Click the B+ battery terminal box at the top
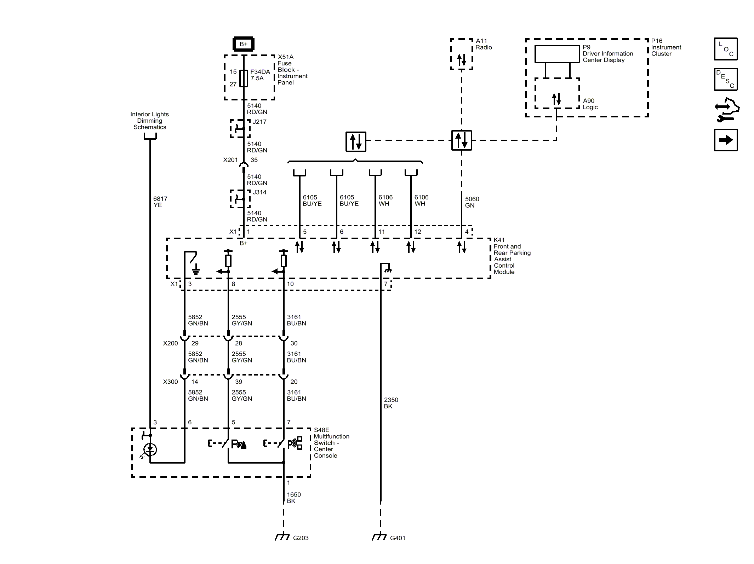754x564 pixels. (x=243, y=44)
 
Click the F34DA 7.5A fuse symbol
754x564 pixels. (x=244, y=78)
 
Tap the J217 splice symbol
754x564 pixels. (x=240, y=128)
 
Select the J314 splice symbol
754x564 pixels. (x=240, y=199)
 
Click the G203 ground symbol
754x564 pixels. (x=282, y=537)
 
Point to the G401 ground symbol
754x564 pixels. (x=379, y=537)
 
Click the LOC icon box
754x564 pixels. (x=726, y=49)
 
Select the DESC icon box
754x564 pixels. (x=726, y=79)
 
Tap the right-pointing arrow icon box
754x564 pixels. (x=726, y=140)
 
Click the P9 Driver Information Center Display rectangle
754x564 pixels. (x=557, y=54)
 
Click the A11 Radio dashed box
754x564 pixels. (x=461, y=54)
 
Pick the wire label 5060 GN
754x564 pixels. (x=472, y=202)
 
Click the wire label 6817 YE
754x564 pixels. (x=160, y=202)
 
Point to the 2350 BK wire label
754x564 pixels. (x=391, y=403)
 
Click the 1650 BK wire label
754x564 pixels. (x=293, y=498)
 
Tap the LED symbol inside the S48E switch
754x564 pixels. (x=150, y=450)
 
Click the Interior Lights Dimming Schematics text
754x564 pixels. (x=149, y=121)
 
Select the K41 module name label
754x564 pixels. (x=512, y=256)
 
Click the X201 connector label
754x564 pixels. (x=230, y=160)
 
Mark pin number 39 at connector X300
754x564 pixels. (x=239, y=382)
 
